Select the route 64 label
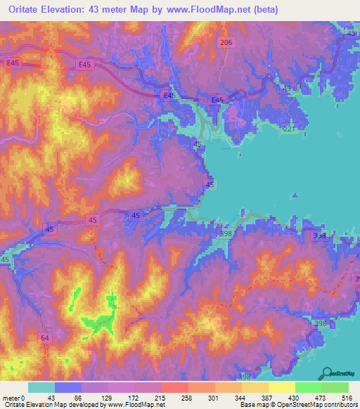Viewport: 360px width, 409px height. click(46, 339)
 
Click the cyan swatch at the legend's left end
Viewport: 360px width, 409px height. click(41, 387)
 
